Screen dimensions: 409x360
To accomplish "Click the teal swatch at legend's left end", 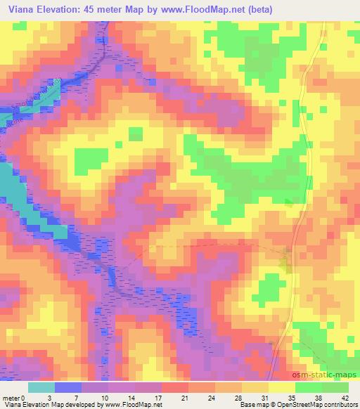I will (x=41, y=387).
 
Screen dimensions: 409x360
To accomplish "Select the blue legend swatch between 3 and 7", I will (x=68, y=387).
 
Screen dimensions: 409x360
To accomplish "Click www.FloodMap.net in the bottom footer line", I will (x=131, y=405).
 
